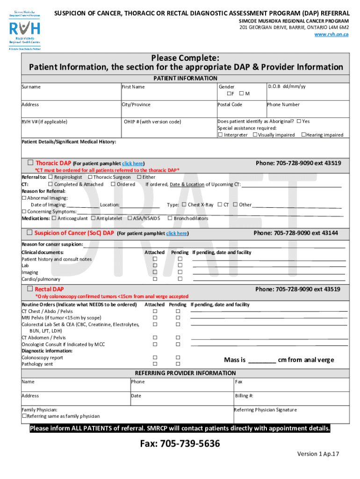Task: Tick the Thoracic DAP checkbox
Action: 30,163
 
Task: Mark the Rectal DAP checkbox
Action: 30,289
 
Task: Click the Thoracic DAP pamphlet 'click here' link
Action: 132,164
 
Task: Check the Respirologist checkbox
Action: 50,177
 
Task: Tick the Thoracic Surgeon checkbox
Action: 90,177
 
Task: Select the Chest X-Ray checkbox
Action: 184,204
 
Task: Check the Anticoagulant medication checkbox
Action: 54,218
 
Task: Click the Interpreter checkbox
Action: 220,135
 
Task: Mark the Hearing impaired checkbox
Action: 303,135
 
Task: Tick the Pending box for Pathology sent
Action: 178,364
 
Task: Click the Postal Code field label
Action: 230,104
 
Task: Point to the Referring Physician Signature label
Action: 265,410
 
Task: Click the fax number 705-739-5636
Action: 180,443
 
